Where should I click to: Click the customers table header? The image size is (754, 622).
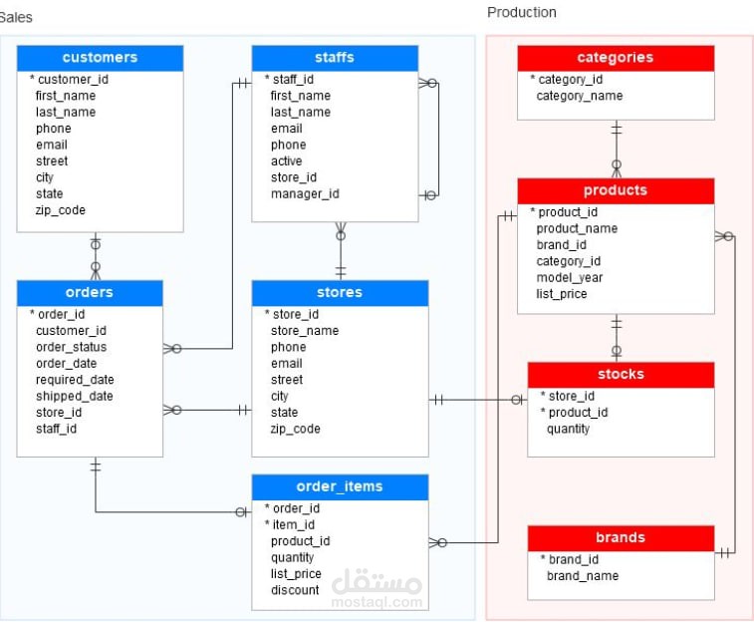point(100,58)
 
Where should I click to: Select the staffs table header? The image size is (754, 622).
point(335,58)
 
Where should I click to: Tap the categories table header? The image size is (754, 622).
point(616,58)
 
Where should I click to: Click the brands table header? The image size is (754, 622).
point(621,538)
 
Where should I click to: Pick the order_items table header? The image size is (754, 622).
point(340,486)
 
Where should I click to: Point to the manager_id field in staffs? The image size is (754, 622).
point(305,193)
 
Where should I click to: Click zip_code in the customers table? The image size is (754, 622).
point(60,210)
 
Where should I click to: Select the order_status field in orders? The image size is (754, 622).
point(71,347)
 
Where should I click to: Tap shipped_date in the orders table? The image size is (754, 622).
point(75,397)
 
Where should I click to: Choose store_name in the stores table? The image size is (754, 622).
point(305,331)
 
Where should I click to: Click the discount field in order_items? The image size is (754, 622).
point(295,590)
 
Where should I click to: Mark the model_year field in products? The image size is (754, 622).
point(570,278)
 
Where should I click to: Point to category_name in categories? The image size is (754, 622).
point(580,97)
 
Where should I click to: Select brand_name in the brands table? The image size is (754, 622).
point(583,576)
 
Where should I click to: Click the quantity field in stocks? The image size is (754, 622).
point(568,429)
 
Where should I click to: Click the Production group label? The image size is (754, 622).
point(522,13)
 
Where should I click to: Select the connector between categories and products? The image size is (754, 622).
point(616,150)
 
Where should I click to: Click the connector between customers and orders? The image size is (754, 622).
point(96,256)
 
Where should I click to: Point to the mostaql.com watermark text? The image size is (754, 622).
point(377,602)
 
